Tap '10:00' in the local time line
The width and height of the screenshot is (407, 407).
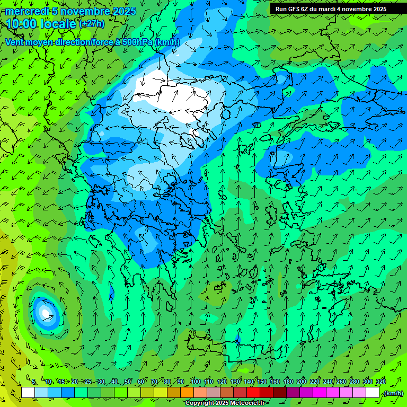[22, 24]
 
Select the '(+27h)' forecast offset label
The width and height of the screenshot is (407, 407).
[92, 24]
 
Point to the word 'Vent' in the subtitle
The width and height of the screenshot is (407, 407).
[15, 42]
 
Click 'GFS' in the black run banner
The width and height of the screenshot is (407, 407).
[297, 9]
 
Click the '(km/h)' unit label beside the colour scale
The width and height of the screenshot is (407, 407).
[393, 393]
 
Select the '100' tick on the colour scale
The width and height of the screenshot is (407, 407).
[195, 382]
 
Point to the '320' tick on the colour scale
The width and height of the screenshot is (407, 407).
[381, 382]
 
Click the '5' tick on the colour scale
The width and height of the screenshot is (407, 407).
[34, 382]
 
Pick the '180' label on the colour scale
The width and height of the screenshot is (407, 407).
[288, 382]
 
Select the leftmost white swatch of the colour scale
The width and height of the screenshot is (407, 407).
[28, 393]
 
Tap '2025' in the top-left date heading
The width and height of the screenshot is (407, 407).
[124, 11]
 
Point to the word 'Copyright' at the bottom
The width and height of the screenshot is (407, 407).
[199, 403]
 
